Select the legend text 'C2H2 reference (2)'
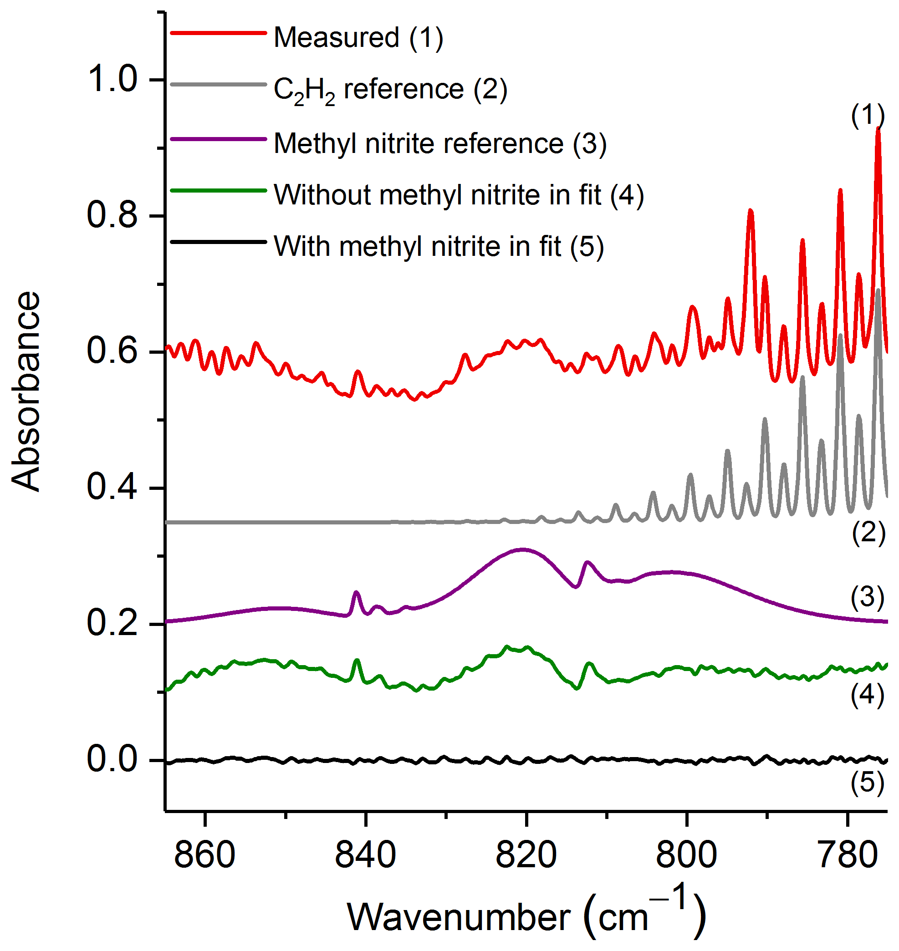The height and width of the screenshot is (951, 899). coord(390,90)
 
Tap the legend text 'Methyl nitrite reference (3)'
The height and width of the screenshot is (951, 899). coord(440,143)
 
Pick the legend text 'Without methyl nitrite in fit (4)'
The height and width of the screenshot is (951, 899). coord(459,195)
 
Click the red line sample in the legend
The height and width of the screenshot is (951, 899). coord(219,33)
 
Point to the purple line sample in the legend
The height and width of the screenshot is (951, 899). coord(219,139)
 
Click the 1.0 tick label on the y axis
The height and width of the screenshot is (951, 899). coord(112,79)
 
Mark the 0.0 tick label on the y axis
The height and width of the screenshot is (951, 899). coord(112,759)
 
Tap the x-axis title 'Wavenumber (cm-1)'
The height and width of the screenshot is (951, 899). coord(526,915)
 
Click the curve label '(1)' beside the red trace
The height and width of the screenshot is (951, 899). coord(868,115)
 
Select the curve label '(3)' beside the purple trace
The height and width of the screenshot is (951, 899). coord(868,597)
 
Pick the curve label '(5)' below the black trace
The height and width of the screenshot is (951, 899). coord(868,783)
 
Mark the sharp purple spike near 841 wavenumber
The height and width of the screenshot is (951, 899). coord(356,593)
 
